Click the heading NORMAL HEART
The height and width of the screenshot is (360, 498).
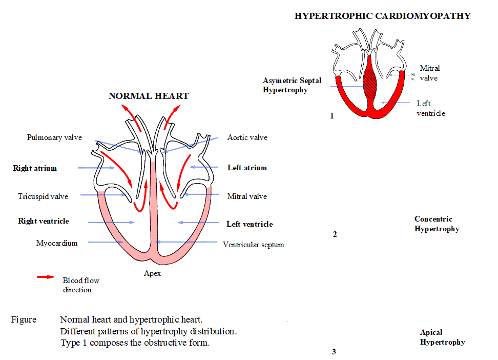148,96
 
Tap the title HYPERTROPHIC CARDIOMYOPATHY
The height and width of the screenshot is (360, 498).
382,16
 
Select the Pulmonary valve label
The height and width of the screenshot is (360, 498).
54,137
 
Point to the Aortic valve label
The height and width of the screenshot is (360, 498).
247,137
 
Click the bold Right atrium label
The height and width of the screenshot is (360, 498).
35,168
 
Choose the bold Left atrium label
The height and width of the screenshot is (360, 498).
247,168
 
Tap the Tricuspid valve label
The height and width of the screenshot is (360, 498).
43,196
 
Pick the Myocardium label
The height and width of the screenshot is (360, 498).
57,243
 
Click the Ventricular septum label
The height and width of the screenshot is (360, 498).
253,245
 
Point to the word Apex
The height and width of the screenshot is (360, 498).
152,273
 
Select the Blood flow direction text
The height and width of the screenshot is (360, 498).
80,285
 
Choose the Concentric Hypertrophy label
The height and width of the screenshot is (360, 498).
437,224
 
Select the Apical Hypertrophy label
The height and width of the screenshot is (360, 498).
442,337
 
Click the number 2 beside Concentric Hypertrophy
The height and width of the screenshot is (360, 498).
335,234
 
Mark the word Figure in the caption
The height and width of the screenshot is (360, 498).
24,319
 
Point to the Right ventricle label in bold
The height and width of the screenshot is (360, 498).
44,221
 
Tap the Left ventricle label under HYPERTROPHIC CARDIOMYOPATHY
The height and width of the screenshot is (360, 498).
430,108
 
